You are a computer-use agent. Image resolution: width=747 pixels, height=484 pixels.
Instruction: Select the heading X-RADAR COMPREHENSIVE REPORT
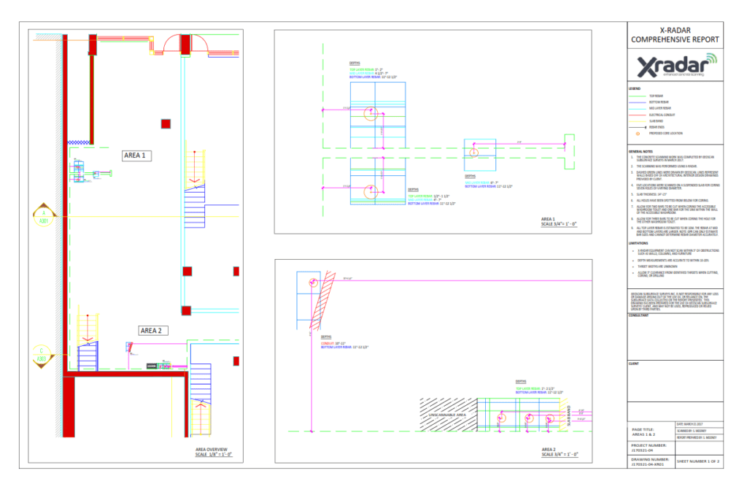(675, 35)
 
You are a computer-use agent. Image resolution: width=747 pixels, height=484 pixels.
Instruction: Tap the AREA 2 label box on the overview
(154, 330)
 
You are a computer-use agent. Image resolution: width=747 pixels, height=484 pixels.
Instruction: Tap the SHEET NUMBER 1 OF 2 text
(699, 461)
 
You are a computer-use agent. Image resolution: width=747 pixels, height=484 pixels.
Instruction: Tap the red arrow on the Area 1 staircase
(193, 178)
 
